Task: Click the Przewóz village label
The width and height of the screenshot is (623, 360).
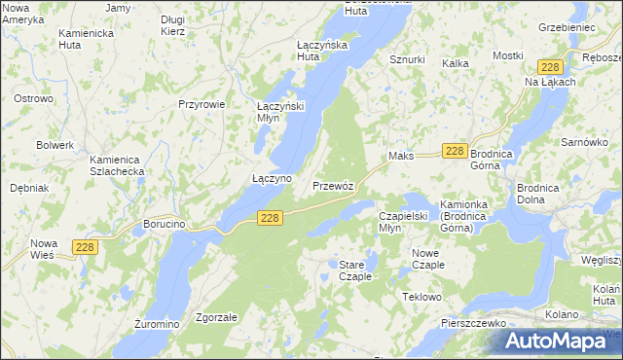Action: (x=339, y=186)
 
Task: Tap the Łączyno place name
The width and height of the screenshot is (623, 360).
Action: (x=272, y=179)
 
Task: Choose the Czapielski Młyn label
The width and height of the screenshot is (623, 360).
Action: (x=403, y=222)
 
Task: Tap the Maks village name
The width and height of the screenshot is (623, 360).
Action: (x=401, y=156)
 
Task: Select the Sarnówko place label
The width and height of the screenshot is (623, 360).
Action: (x=584, y=142)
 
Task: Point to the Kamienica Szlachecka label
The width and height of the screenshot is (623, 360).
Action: (x=117, y=164)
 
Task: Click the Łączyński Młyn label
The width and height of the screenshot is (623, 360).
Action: (x=281, y=111)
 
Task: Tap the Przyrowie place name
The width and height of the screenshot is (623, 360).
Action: (x=202, y=104)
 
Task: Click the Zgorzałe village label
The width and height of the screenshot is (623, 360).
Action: (x=217, y=317)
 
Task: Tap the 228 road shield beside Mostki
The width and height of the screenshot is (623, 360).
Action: (x=550, y=66)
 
